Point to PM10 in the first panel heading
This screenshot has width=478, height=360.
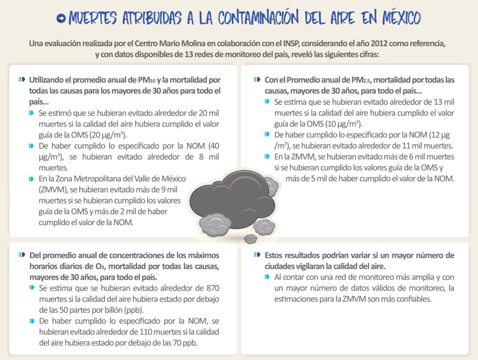coord(147,80)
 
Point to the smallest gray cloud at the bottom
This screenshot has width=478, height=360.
coord(251,238)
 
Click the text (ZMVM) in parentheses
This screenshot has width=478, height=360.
coord(50,189)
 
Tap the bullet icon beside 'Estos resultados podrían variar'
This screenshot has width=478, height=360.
coord(257,255)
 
